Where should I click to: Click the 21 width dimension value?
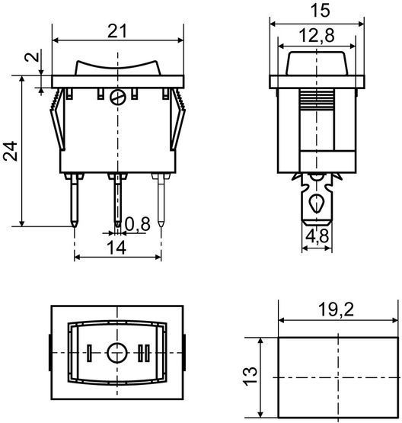117,31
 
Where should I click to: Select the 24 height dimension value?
11,151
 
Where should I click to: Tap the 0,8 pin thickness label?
137,224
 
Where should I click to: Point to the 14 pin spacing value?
116,248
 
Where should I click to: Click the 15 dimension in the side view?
320,11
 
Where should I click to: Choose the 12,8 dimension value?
317,35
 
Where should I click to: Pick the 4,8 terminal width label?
317,236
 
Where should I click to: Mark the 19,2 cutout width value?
336,309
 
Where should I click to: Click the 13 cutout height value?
250,376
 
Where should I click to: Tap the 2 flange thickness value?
32,57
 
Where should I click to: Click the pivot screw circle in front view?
118,97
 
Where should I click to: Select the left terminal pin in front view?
75,200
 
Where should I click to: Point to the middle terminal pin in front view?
117,200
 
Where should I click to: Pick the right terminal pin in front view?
161,200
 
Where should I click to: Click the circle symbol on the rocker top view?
116,353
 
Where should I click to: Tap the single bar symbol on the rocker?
89,353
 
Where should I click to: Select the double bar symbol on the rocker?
144,353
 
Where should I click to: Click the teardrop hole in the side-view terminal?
317,203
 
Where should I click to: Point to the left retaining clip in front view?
58,120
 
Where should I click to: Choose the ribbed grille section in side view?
317,99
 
